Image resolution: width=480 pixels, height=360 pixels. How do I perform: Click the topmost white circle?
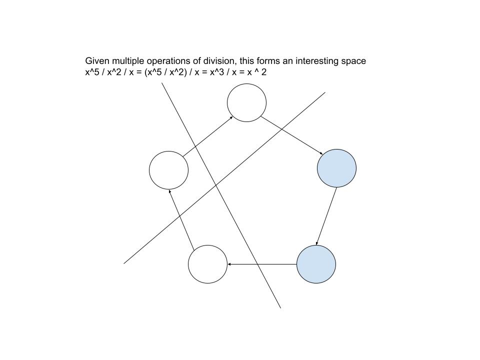coord(246,102)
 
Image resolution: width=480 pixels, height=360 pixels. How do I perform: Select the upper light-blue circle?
coord(336,168)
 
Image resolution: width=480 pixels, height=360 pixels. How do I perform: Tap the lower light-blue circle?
coord(316,264)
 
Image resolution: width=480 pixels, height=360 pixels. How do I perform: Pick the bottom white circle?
coord(207,264)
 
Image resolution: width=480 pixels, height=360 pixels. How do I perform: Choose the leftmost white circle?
coord(168,170)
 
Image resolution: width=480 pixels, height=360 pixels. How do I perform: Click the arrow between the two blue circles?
coord(326,216)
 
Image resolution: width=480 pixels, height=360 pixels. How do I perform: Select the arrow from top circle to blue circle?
coord(292,135)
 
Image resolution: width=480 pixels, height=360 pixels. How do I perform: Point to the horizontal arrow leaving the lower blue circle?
coord(262,264)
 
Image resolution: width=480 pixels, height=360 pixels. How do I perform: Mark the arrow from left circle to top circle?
coord(207,136)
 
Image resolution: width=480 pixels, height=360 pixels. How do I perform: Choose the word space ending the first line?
coord(354,61)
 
